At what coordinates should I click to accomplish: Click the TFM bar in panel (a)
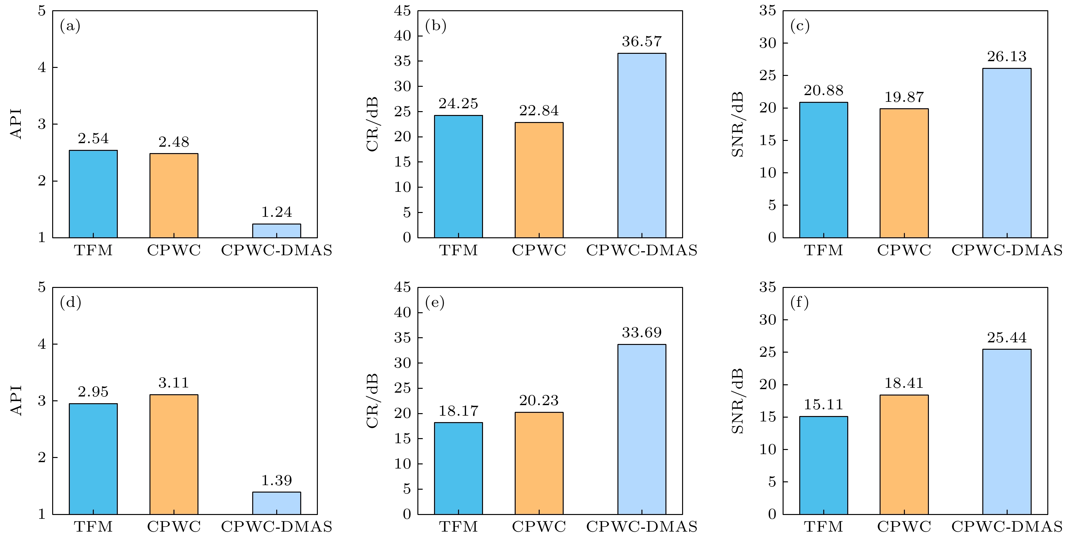click(x=93, y=194)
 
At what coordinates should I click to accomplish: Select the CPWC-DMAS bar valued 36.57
click(x=641, y=146)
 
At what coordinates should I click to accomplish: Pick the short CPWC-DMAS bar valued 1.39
click(x=277, y=503)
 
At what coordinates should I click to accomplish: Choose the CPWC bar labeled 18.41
click(x=904, y=454)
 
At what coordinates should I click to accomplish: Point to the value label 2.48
click(x=174, y=142)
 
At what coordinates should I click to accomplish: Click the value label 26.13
click(x=1007, y=57)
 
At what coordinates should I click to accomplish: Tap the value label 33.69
click(x=641, y=333)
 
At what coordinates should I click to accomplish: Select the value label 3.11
click(x=174, y=383)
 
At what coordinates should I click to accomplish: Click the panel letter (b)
click(x=435, y=26)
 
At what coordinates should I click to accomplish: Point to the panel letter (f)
click(x=799, y=303)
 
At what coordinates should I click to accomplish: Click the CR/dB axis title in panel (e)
click(x=373, y=401)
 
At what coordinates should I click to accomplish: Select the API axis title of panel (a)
click(x=16, y=124)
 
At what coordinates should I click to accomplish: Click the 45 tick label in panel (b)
click(x=402, y=11)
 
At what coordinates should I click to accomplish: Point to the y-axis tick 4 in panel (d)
click(x=42, y=344)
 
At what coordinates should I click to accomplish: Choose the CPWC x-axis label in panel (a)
click(x=174, y=251)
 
